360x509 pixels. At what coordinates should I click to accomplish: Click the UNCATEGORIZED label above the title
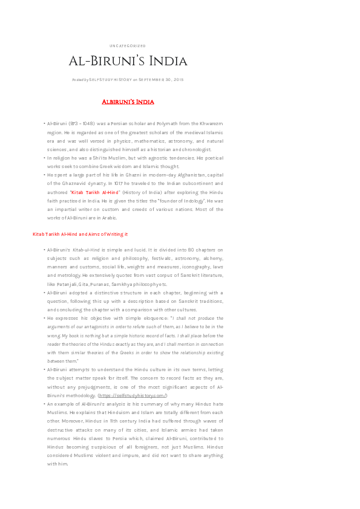pyautogui.click(x=128, y=46)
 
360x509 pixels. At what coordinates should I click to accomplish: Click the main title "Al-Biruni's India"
pyautogui.click(x=128, y=62)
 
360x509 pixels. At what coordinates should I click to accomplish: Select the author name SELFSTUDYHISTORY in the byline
pyautogui.click(x=110, y=79)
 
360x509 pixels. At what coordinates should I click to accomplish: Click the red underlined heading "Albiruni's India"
pyautogui.click(x=128, y=102)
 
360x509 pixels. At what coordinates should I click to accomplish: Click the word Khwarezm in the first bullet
pyautogui.click(x=211, y=123)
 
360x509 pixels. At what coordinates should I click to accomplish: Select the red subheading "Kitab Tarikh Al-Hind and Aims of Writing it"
pyautogui.click(x=80, y=234)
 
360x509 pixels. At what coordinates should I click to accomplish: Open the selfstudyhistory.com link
pyautogui.click(x=133, y=395)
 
